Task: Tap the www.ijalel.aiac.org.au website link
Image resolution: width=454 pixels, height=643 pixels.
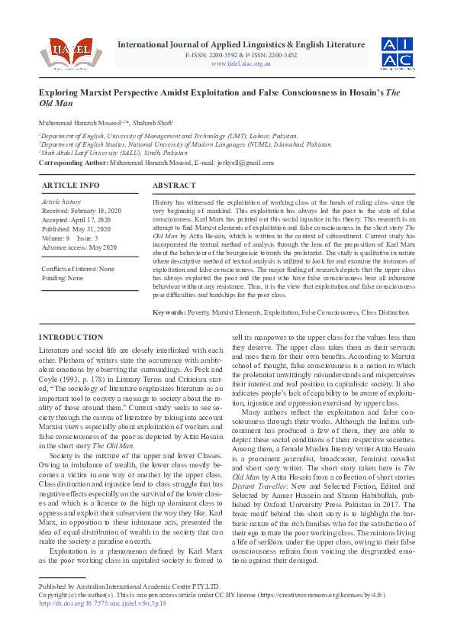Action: coord(240,63)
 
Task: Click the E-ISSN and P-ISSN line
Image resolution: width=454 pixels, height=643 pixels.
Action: coord(240,55)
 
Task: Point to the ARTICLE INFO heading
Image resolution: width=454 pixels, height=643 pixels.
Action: coord(70,186)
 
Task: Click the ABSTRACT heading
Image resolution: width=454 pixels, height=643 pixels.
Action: coord(174,186)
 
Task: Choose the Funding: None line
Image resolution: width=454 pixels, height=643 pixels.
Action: coord(62,279)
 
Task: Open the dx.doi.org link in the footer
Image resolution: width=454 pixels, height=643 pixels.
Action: coord(102,603)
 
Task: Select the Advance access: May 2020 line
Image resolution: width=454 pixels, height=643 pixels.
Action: coord(79,247)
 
